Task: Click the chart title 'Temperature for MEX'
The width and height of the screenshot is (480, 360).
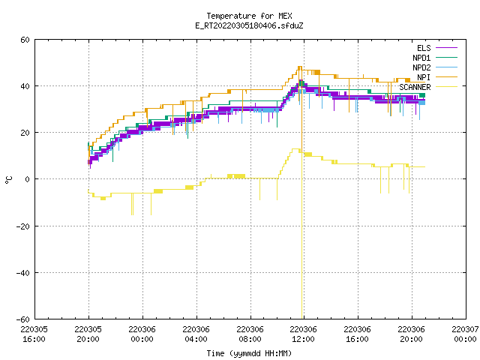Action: pos(249,16)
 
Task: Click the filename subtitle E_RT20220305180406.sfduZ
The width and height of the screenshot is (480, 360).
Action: pos(249,25)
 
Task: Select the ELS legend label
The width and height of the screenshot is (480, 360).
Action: pos(424,48)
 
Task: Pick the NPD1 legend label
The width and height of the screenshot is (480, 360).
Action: pos(421,58)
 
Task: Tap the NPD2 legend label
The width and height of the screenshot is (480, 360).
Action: pos(421,67)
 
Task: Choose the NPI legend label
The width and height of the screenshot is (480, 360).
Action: pos(424,77)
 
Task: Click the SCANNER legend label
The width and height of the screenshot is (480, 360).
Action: pos(415,87)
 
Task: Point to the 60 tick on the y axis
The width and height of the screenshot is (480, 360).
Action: pos(25,40)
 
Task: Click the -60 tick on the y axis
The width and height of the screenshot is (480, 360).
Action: pos(23,319)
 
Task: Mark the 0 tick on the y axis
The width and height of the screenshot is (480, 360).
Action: pos(27,179)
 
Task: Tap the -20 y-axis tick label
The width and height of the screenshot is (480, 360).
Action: pos(23,226)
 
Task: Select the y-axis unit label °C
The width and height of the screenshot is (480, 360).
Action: pos(8,180)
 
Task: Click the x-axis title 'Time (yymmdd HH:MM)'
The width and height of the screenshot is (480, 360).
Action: pos(249,353)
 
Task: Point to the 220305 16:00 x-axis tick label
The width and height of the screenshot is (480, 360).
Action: pos(34,334)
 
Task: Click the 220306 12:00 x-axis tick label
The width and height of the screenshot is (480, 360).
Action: pos(303,334)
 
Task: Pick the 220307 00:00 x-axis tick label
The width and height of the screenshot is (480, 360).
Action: pos(465,334)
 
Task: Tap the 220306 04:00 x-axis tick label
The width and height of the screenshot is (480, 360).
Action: pos(196,334)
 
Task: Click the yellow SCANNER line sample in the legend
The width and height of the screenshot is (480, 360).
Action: pos(446,87)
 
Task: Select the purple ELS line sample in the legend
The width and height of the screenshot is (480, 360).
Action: pos(446,48)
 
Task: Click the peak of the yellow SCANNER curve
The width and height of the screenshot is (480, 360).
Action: pos(295,149)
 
